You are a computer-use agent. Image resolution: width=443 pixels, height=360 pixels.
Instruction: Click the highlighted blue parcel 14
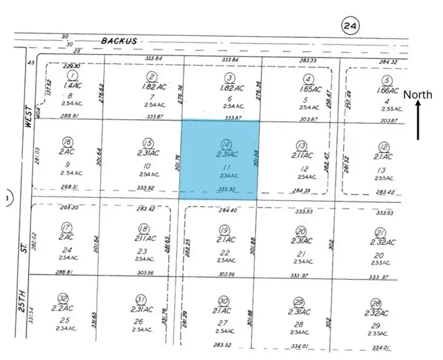coord(219,161)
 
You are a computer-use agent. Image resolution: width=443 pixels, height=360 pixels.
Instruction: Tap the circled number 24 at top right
coord(350,27)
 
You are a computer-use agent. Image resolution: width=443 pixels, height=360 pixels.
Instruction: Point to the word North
coord(418,95)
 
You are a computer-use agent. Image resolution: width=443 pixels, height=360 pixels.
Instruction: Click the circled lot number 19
coord(224,230)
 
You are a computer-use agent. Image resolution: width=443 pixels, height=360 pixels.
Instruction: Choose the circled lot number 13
coord(300,145)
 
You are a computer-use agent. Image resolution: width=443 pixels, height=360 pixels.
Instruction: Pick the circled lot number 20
coord(300,231)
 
